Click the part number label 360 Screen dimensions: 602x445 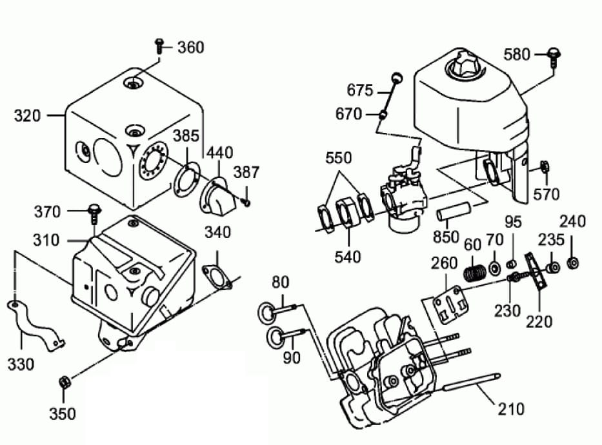191,48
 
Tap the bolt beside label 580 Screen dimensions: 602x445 553,57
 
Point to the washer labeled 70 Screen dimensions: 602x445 494,267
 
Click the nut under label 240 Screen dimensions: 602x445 573,262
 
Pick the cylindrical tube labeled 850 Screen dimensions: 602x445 453,211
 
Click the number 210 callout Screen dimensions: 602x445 511,410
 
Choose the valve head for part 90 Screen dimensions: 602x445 275,337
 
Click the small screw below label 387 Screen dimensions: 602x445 247,202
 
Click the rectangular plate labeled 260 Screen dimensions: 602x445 450,305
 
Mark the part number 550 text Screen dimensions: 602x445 339,158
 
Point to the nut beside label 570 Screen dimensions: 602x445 545,166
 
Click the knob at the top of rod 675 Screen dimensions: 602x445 397,77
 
